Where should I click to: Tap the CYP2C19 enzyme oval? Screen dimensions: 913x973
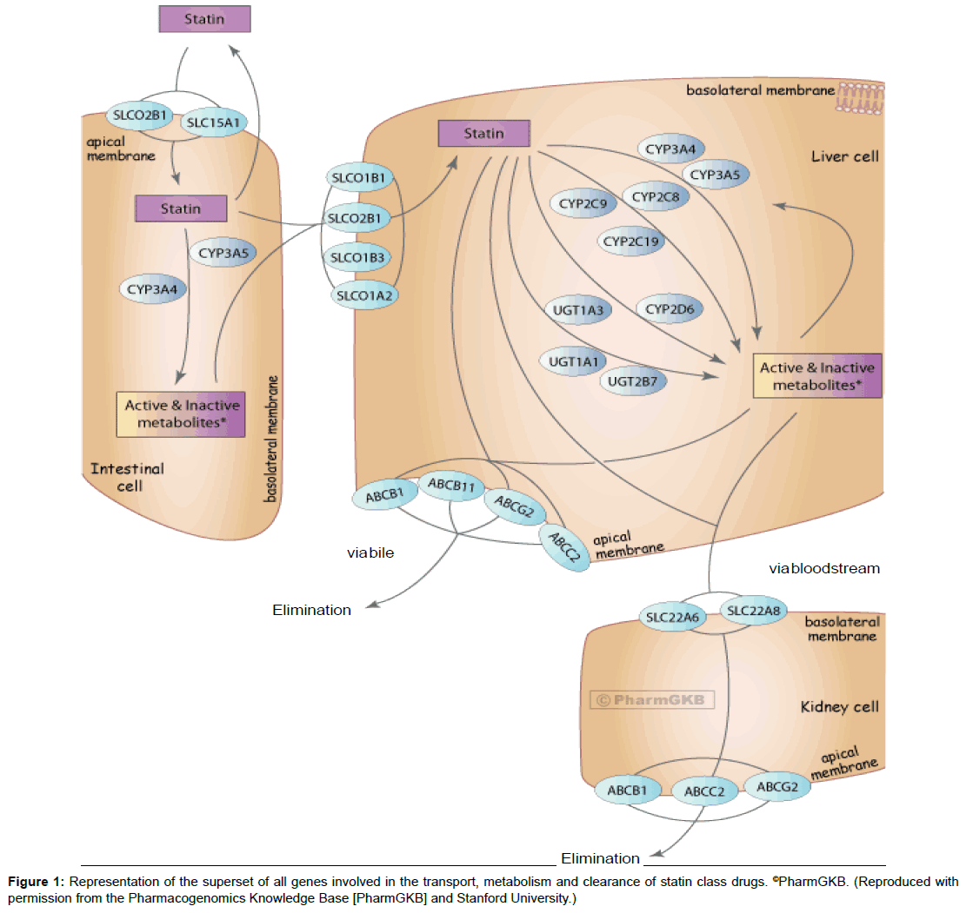(630, 241)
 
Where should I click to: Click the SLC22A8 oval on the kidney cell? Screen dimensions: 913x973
(755, 612)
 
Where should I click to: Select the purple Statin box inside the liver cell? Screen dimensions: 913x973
(483, 134)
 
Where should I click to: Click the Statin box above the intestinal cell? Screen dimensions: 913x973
(204, 18)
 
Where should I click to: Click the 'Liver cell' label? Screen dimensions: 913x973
(844, 156)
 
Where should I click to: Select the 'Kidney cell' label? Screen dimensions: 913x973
(839, 706)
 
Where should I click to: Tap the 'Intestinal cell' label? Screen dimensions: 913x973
(127, 477)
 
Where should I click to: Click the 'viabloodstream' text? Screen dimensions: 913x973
(824, 569)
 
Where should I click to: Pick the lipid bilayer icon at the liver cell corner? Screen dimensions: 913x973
(860, 98)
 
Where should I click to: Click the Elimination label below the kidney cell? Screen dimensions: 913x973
(600, 858)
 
